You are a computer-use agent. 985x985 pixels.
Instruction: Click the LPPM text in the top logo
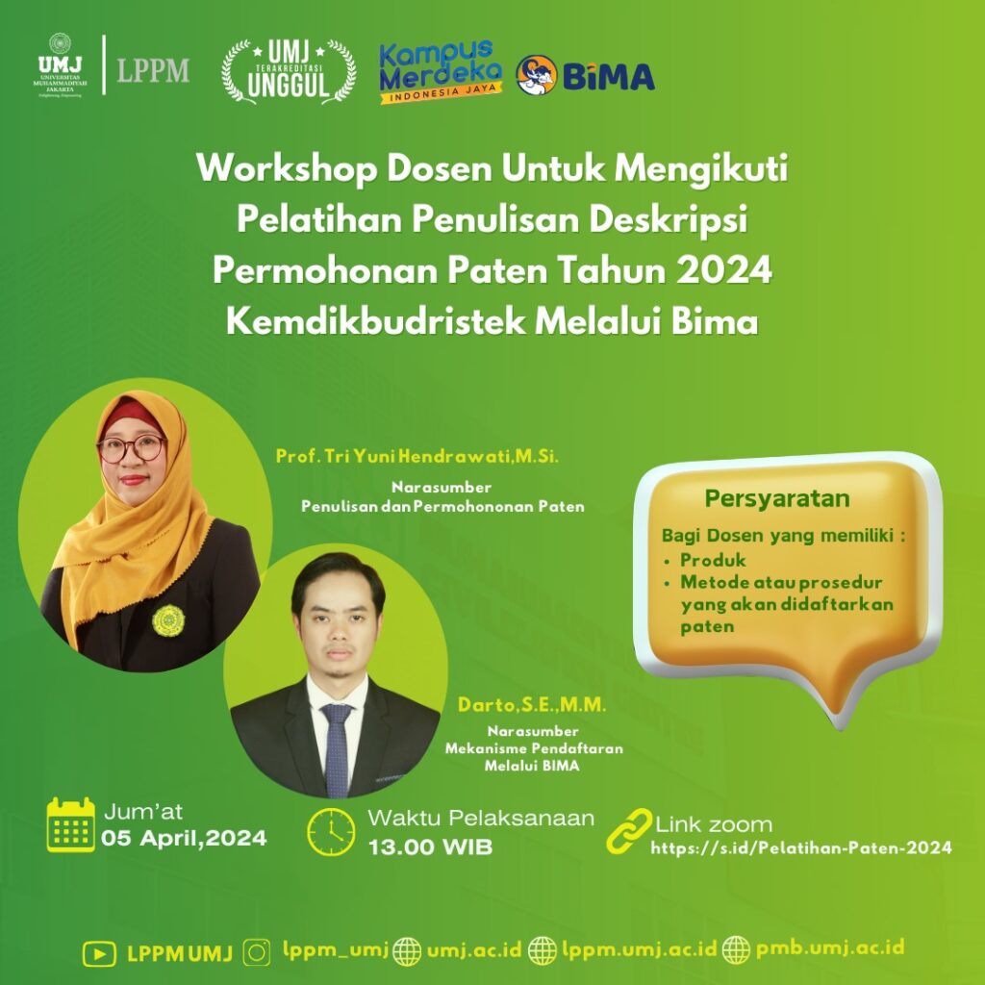[x=153, y=70]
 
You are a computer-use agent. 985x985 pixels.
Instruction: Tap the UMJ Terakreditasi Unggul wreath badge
[x=289, y=71]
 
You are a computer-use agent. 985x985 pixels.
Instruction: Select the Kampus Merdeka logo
[x=441, y=72]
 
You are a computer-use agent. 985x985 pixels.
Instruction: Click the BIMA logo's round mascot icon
[x=537, y=75]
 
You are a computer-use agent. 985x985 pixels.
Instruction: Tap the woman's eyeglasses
[x=131, y=448]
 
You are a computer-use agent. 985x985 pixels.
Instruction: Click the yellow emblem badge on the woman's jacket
[x=168, y=620]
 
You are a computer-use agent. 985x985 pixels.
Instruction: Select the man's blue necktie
[x=337, y=750]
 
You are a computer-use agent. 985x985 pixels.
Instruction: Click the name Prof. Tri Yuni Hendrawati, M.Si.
[x=417, y=457]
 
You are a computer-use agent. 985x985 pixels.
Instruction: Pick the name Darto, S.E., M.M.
[x=532, y=705]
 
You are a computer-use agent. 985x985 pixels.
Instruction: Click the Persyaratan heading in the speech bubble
[x=777, y=499]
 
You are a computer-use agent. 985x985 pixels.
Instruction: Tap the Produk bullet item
[x=713, y=560]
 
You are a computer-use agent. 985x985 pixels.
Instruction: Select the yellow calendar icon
[x=71, y=824]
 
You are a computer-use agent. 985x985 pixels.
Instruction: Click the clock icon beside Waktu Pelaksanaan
[x=331, y=832]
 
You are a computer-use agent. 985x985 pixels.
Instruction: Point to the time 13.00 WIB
[x=430, y=846]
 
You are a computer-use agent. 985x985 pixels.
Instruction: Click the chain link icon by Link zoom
[x=629, y=831]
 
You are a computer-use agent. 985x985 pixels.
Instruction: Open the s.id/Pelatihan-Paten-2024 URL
[x=801, y=848]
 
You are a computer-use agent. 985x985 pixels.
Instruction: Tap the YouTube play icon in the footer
[x=99, y=954]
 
